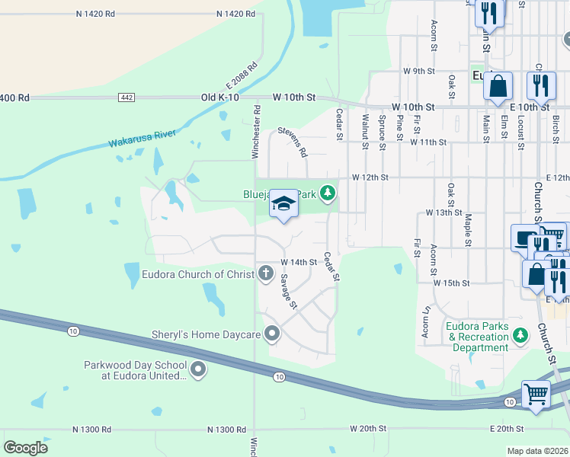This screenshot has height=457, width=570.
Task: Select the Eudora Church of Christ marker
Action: point(266,273)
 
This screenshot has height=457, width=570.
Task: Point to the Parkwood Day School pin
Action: point(198,371)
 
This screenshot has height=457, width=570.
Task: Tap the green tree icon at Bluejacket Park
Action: point(328,193)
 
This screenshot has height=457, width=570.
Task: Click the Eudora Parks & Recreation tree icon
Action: point(520,335)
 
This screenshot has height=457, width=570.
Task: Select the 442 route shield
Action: point(127,97)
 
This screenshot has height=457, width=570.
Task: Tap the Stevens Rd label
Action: point(291,141)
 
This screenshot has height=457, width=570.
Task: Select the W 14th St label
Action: point(299,262)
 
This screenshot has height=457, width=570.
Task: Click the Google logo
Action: point(26,448)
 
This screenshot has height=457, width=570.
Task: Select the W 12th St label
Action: point(370,177)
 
